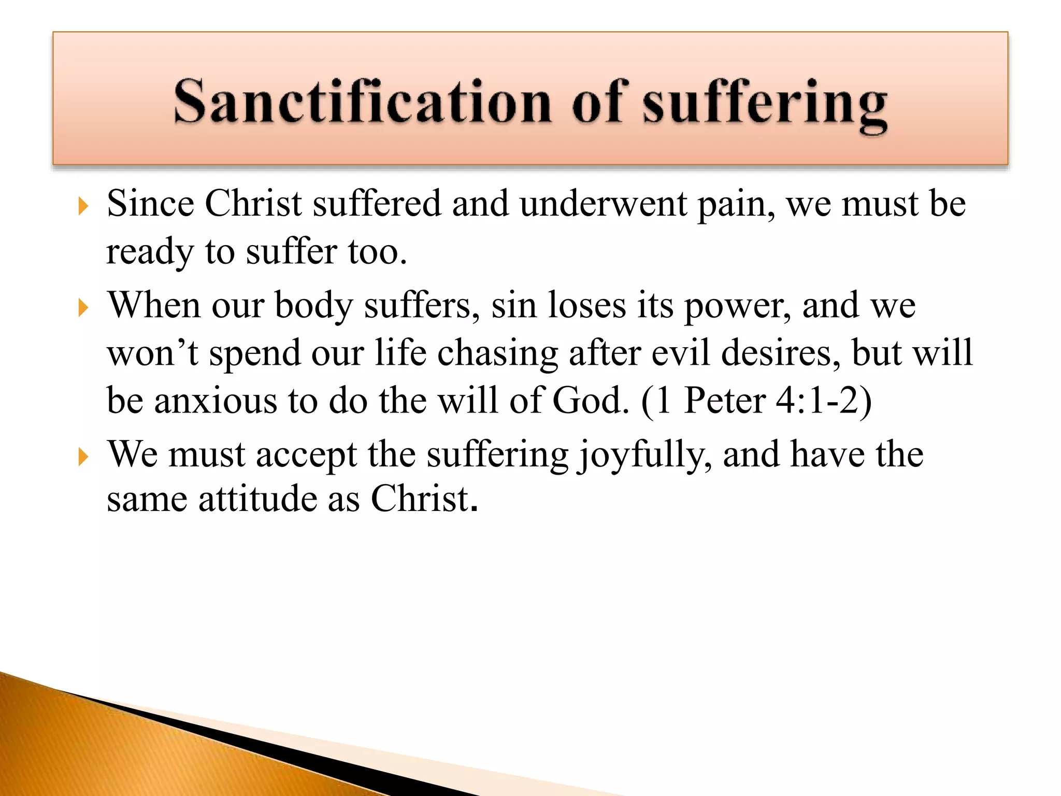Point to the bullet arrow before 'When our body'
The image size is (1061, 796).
[83, 308]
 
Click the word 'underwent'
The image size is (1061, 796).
[604, 203]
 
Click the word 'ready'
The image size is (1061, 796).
[150, 253]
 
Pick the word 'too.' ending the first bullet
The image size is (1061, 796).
[378, 252]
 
